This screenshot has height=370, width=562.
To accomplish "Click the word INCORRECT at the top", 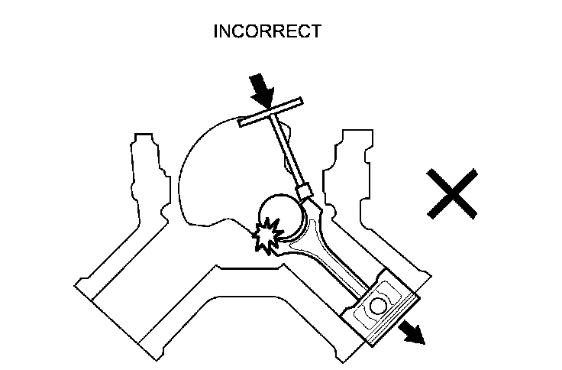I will [x=267, y=31].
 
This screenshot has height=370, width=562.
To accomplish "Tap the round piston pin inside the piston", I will [x=380, y=309].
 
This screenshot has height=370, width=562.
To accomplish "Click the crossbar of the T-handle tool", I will [x=271, y=112].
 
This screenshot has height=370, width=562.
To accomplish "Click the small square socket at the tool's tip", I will [x=305, y=188].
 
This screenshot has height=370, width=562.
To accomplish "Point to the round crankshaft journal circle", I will [x=281, y=215].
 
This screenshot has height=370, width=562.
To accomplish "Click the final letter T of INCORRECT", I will [x=317, y=31].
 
